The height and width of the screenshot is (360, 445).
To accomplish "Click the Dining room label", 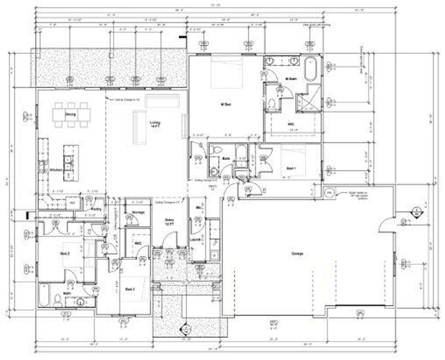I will (70, 114).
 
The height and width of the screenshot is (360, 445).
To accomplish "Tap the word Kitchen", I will (56, 170).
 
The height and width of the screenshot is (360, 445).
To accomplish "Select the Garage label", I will (297, 253).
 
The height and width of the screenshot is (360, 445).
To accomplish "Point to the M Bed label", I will (225, 104).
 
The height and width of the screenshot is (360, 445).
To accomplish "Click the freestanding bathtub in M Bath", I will (310, 68).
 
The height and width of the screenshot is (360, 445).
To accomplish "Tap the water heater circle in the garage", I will (329, 192).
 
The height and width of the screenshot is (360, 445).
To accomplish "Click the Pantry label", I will (97, 209).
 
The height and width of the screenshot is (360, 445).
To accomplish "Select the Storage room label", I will (138, 212).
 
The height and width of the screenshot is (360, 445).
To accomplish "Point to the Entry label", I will (169, 221).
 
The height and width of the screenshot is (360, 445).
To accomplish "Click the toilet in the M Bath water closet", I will (272, 103).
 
